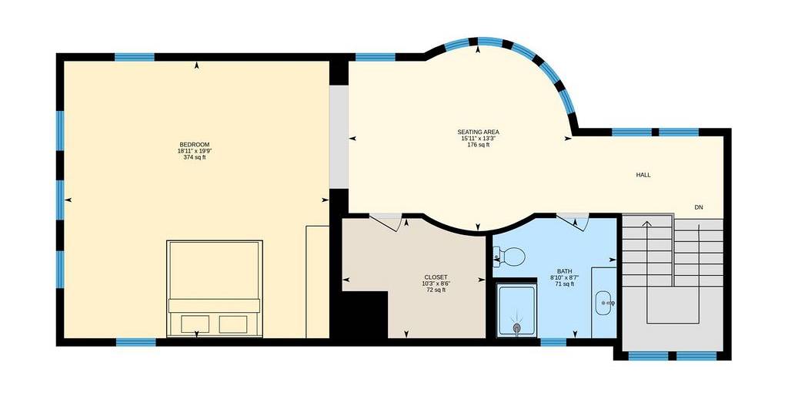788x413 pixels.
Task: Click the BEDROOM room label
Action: pyautogui.click(x=195, y=145)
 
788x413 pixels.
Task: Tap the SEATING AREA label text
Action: pyautogui.click(x=479, y=133)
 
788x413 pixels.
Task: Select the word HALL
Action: pyautogui.click(x=643, y=175)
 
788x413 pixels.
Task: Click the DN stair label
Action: pyautogui.click(x=699, y=207)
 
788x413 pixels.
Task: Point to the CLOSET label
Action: pyautogui.click(x=436, y=277)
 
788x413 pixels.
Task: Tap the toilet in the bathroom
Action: pyautogui.click(x=509, y=257)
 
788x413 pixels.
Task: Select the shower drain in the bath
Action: pyautogui.click(x=516, y=327)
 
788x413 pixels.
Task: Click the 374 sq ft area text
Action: pyautogui.click(x=195, y=157)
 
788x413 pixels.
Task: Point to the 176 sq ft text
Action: pyautogui.click(x=479, y=145)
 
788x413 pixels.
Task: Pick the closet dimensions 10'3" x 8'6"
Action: pyautogui.click(x=436, y=284)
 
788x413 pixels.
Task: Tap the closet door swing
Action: pyautogui.click(x=386, y=221)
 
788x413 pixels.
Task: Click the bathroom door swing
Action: pyautogui.click(x=573, y=221)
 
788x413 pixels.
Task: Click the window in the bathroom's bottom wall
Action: pyautogui.click(x=553, y=342)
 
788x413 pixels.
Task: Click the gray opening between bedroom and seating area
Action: pyautogui.click(x=339, y=136)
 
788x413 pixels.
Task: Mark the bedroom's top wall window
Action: pyautogui.click(x=134, y=57)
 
